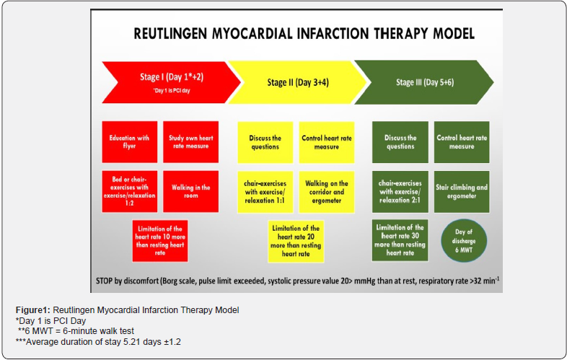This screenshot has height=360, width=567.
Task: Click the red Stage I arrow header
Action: click(170, 81)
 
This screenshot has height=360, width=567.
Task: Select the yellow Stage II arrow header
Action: click(296, 81)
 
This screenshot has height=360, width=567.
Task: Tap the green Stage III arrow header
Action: click(426, 81)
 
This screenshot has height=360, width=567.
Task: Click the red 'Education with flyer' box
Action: click(129, 141)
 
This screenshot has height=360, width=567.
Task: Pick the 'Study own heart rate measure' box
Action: click(190, 141)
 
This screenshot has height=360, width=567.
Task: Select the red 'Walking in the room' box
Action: click(190, 191)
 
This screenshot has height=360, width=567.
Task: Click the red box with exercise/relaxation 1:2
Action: click(129, 191)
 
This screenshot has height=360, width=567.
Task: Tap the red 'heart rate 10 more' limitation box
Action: click(160, 240)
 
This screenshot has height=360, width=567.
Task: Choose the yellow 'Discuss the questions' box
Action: click(265, 142)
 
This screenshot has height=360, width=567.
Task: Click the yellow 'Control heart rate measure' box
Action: click(326, 142)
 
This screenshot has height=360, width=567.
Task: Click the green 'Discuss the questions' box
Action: click(400, 142)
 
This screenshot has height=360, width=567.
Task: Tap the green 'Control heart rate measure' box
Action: click(462, 142)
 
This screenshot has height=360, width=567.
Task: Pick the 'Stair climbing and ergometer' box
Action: click(462, 191)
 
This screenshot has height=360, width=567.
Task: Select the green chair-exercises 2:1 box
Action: click(400, 191)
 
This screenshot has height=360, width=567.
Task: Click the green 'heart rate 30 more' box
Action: click(400, 240)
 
